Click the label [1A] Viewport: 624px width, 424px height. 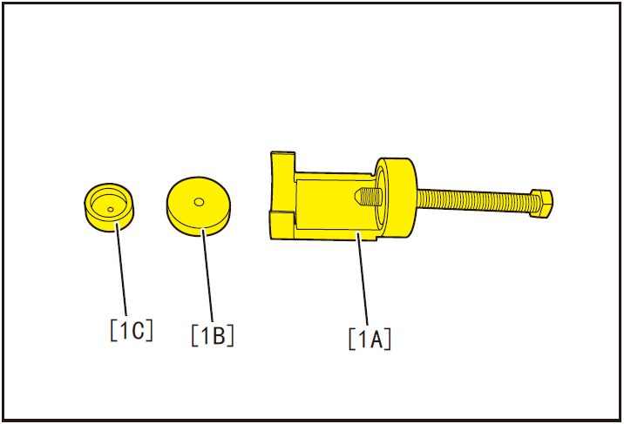(x=370, y=339)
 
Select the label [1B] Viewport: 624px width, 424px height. (x=213, y=336)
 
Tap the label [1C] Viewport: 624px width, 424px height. (x=132, y=330)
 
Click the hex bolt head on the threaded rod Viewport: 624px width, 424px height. (x=541, y=203)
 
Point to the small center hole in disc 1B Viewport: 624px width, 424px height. (x=199, y=202)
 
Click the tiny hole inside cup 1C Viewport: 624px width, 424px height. (x=111, y=210)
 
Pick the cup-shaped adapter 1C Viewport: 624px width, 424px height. (x=109, y=207)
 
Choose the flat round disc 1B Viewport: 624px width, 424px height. (x=199, y=206)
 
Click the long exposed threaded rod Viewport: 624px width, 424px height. (x=473, y=200)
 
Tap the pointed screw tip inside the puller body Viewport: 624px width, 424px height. (x=368, y=196)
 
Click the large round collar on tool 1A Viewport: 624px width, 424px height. (x=396, y=199)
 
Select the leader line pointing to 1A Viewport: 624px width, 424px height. (x=363, y=279)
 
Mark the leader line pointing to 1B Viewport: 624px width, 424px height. (x=207, y=275)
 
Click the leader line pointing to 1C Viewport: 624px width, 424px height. (x=121, y=270)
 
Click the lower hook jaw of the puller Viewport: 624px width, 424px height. (x=282, y=225)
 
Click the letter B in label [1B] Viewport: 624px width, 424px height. (x=218, y=336)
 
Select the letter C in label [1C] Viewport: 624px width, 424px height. (x=138, y=330)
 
